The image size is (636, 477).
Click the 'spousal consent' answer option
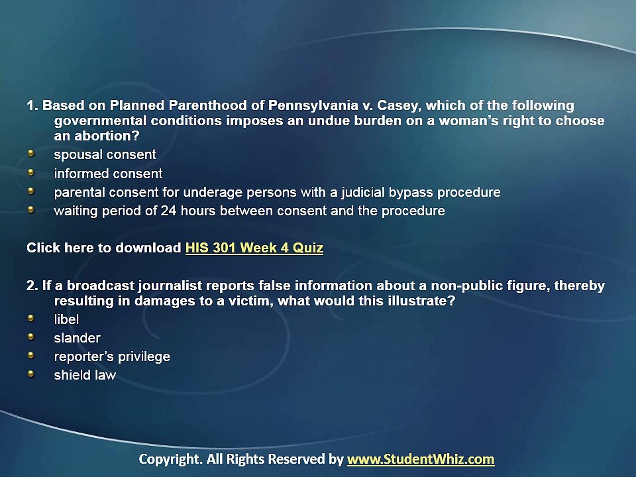(x=105, y=155)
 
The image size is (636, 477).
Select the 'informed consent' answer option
(x=108, y=174)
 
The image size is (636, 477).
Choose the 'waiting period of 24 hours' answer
(x=249, y=211)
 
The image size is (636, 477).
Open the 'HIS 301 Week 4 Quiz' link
(x=254, y=249)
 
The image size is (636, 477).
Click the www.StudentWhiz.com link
(x=421, y=459)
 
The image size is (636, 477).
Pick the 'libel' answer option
(x=66, y=319)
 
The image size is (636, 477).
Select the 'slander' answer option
(x=77, y=338)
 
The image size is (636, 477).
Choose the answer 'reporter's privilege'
(x=112, y=357)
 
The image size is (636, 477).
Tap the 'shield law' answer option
(x=85, y=376)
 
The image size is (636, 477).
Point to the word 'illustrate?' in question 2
(x=423, y=301)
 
